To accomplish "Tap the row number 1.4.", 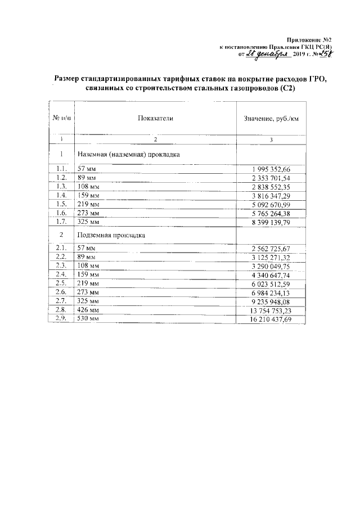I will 62,196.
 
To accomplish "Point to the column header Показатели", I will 155,119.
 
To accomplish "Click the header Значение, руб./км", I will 271,119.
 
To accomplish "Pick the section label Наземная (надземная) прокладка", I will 128,154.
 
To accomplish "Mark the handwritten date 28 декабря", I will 268,55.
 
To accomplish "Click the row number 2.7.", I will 62,301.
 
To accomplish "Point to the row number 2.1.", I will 62,248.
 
